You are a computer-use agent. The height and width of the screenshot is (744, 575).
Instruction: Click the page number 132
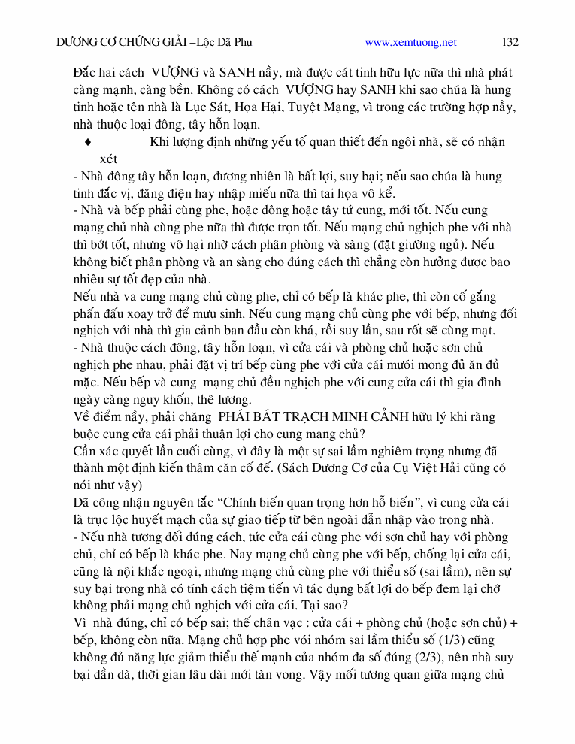point(510,43)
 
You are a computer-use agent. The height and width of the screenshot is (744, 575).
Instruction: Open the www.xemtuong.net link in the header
point(410,43)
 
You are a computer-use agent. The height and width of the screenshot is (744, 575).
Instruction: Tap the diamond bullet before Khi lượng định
point(89,142)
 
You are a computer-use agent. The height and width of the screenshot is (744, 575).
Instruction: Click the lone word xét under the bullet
point(108,159)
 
